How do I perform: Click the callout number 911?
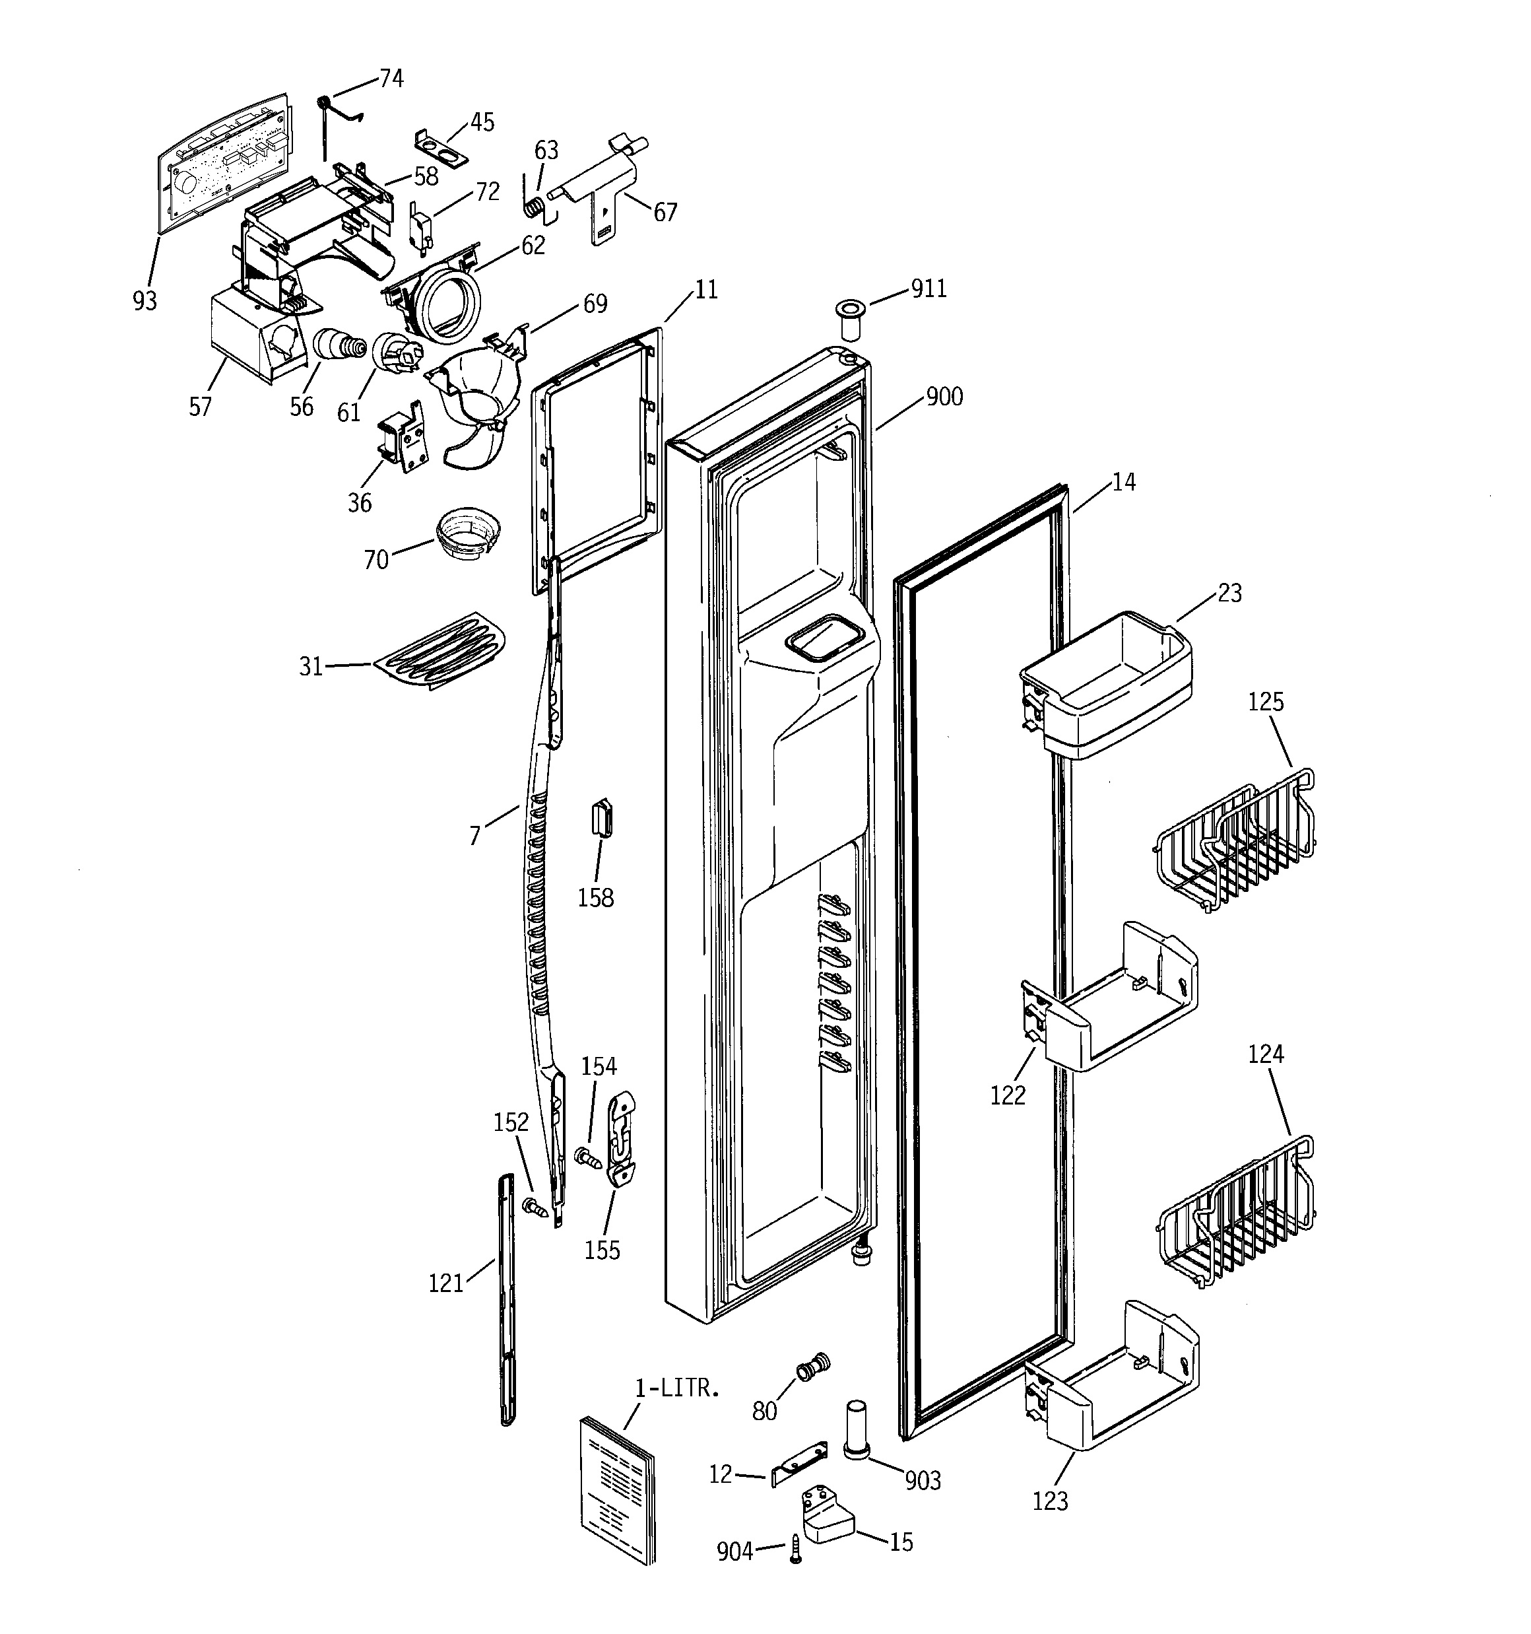tap(928, 289)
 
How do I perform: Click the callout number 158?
tap(595, 898)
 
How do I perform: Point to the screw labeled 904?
tap(795, 1549)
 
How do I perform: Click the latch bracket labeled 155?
tap(622, 1138)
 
